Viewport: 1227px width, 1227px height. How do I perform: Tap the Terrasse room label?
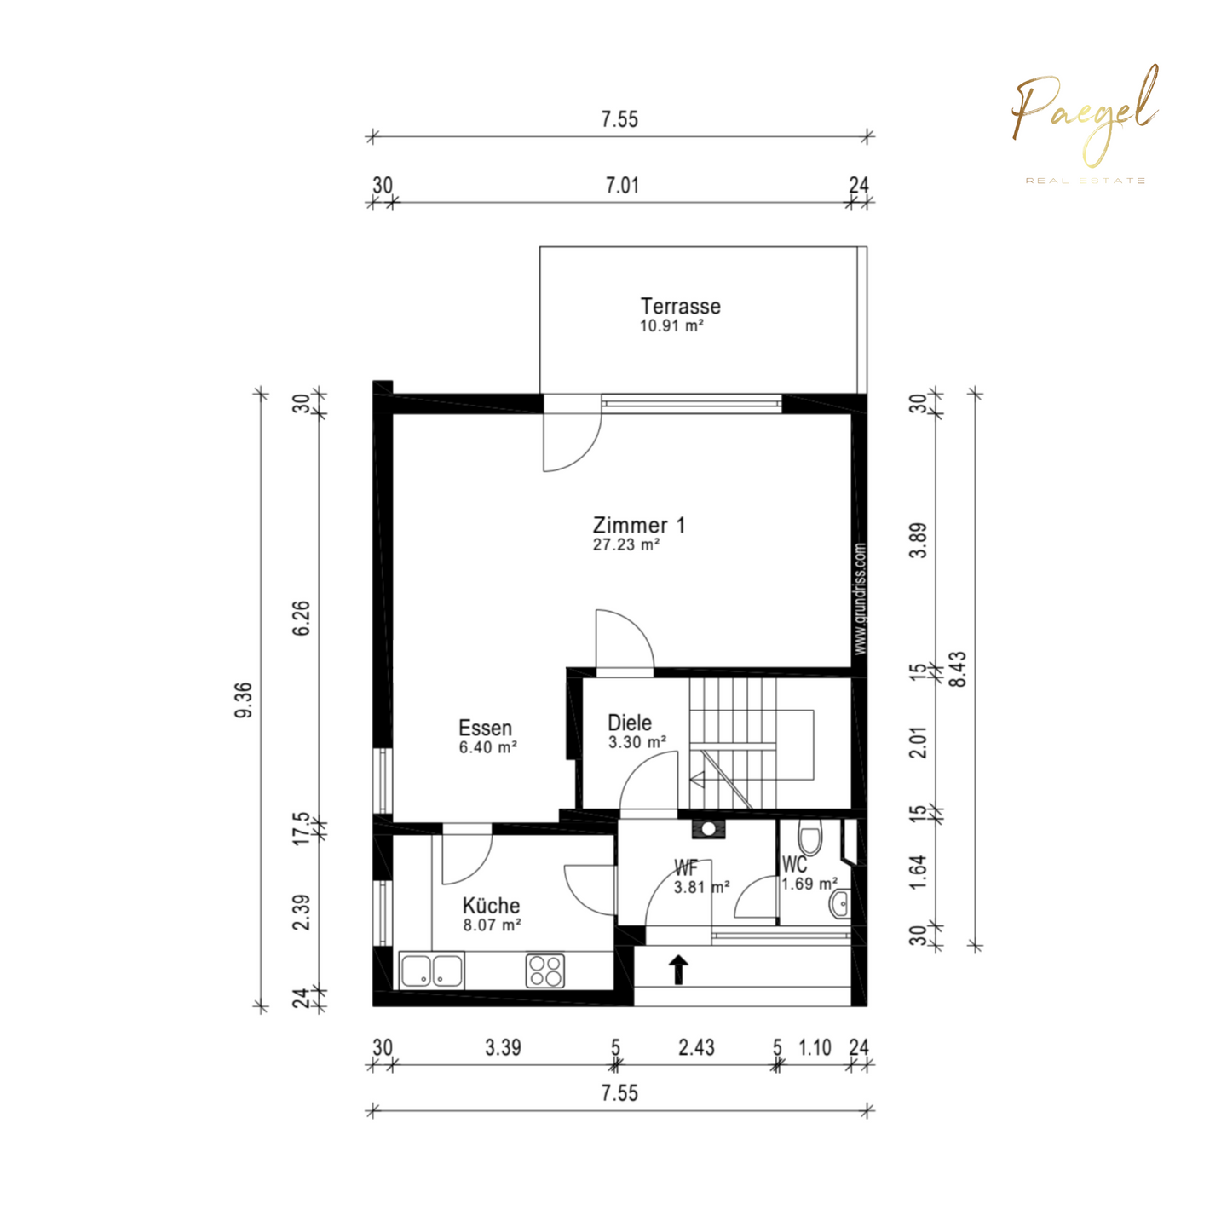tap(680, 306)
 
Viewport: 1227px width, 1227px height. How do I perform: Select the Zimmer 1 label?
tap(639, 526)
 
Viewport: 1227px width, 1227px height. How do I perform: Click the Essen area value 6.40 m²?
tap(487, 747)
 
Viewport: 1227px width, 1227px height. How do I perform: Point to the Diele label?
tap(630, 723)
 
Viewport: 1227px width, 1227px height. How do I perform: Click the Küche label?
tap(491, 906)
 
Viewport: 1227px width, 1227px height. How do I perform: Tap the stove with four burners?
tap(545, 971)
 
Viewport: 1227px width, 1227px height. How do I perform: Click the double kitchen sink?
tap(432, 971)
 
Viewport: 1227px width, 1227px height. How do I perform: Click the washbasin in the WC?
tap(840, 903)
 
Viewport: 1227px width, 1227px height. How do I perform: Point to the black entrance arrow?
tap(679, 970)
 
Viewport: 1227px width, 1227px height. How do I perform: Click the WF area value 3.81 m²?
tap(701, 887)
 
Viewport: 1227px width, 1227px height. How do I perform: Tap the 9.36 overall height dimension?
tap(245, 700)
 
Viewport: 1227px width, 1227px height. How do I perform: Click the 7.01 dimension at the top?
tap(622, 186)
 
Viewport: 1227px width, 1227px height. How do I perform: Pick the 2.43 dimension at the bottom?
tap(697, 1047)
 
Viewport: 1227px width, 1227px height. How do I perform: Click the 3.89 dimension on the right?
tap(919, 540)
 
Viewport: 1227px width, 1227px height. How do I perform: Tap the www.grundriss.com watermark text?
tap(861, 598)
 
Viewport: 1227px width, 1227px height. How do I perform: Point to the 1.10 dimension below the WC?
tap(815, 1047)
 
